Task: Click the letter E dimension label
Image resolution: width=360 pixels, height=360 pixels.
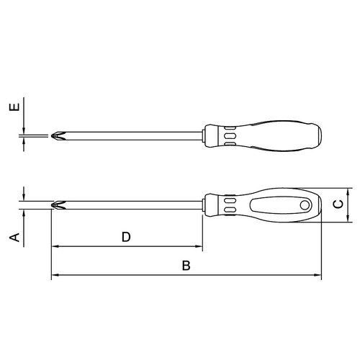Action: point(14,109)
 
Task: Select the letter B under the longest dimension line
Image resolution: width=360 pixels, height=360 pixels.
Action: point(186,266)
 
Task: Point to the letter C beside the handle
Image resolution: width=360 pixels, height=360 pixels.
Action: point(337,204)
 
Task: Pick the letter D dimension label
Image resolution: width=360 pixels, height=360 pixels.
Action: point(126,237)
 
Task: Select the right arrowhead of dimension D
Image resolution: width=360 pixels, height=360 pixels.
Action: point(200,247)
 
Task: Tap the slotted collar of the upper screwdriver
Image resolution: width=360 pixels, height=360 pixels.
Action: point(229,135)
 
